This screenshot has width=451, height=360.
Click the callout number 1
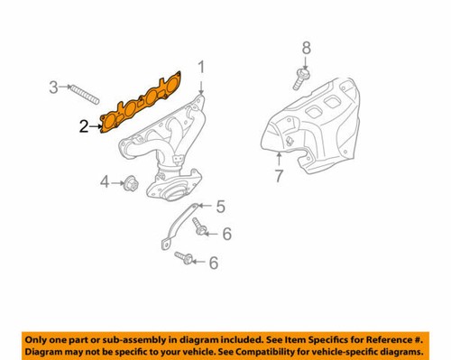pos(202,66)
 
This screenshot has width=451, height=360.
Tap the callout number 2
pos(83,127)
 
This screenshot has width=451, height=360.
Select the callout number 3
pos(53,87)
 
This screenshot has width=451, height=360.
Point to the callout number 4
pos(105,183)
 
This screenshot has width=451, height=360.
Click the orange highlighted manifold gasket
pos(144,100)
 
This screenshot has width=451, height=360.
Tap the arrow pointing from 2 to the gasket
pos(95,127)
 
